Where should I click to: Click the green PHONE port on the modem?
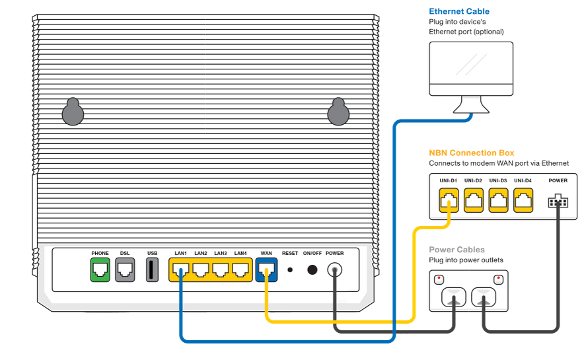(100, 270)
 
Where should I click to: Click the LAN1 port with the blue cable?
(181, 270)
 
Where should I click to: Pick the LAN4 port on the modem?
(240, 270)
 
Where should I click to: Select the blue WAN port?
(266, 270)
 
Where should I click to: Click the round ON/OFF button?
(312, 270)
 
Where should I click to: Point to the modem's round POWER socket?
(335, 270)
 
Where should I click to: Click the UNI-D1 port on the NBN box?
(449, 200)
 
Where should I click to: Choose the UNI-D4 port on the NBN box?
(523, 200)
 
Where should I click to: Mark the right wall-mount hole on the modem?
(338, 112)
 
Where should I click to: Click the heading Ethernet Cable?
(459, 11)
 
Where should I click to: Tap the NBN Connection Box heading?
(471, 153)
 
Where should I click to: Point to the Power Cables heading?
(456, 250)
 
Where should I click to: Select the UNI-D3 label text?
(499, 180)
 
